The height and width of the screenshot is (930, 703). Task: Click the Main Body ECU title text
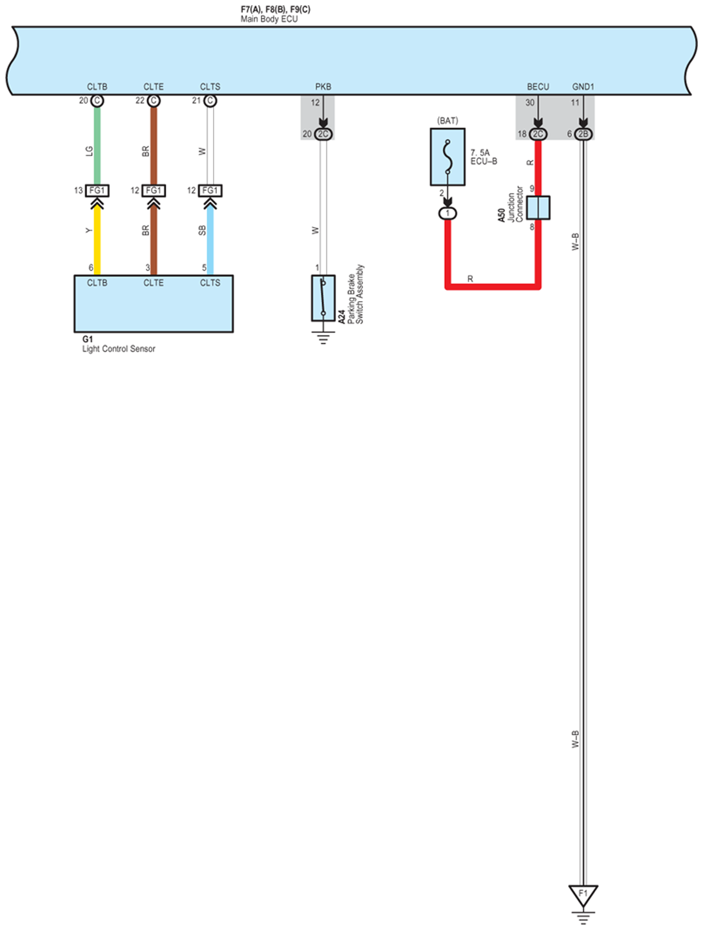click(269, 19)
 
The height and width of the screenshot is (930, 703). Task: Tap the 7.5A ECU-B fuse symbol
click(447, 157)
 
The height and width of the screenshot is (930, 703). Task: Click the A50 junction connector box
click(537, 208)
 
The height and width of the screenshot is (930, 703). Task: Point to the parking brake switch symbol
click(323, 298)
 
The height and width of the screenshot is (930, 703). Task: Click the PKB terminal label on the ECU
click(323, 87)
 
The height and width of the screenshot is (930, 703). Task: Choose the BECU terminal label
click(538, 87)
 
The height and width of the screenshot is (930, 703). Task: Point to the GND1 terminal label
click(583, 87)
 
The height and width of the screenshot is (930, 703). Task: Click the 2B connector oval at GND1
click(583, 134)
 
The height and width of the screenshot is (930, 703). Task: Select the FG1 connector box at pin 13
click(97, 190)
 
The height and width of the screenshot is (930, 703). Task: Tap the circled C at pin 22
click(153, 101)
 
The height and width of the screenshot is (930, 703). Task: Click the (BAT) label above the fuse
click(447, 121)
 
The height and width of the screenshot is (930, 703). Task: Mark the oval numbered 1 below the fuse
click(447, 213)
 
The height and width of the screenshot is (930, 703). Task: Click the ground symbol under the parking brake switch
click(323, 339)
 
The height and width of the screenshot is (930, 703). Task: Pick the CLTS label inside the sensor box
click(210, 283)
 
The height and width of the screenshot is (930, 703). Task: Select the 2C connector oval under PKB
click(323, 134)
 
